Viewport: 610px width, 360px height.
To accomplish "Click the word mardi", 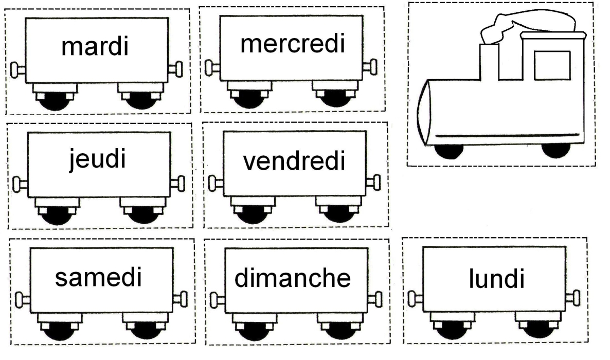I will tap(94, 47).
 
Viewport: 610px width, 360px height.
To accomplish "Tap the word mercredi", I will tap(292, 44).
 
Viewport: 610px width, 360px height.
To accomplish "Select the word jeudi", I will tap(97, 160).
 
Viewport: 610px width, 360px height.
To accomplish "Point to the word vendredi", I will tap(294, 162).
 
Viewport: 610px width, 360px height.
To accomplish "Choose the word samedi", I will tap(98, 278).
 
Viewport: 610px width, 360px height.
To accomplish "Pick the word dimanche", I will tap(293, 278).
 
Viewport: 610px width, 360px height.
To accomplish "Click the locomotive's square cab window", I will tap(552, 65).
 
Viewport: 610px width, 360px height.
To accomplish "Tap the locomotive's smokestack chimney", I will tap(489, 61).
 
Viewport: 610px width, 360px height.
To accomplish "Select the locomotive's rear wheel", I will tap(556, 149).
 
